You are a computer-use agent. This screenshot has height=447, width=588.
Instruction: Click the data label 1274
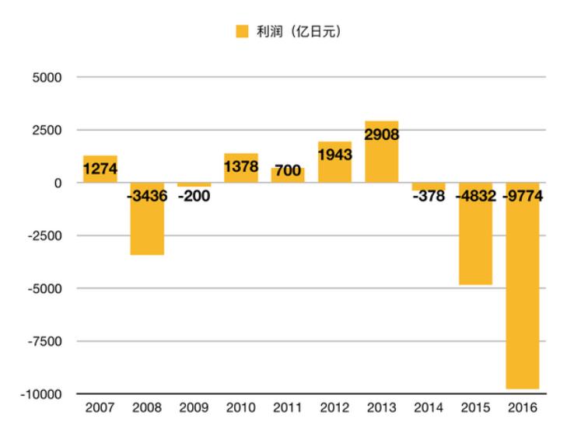click(100, 168)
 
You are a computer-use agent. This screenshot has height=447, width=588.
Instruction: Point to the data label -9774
click(522, 196)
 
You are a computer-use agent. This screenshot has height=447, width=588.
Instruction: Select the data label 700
click(288, 172)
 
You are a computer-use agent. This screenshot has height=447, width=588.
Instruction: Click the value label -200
click(194, 196)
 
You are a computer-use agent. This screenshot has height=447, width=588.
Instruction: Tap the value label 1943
click(334, 154)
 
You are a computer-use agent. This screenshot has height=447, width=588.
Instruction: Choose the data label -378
click(429, 196)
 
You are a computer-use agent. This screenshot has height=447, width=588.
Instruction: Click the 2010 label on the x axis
click(240, 409)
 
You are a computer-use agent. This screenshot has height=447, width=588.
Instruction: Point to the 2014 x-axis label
click(429, 409)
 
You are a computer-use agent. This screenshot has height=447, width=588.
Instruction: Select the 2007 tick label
click(100, 409)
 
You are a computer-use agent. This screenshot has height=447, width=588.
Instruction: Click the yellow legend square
click(242, 32)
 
